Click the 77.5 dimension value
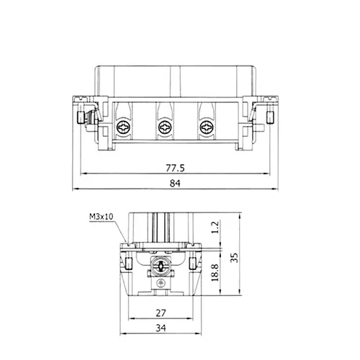coord(175,168)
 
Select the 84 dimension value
coord(175,184)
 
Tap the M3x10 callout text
coord(101,217)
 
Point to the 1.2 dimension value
coord(215,228)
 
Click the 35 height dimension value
coord(234,257)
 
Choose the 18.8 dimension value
coord(215,272)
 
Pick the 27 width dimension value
coord(161,313)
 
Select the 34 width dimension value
coord(161,328)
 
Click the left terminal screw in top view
coord(124,127)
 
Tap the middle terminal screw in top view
coord(166,127)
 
